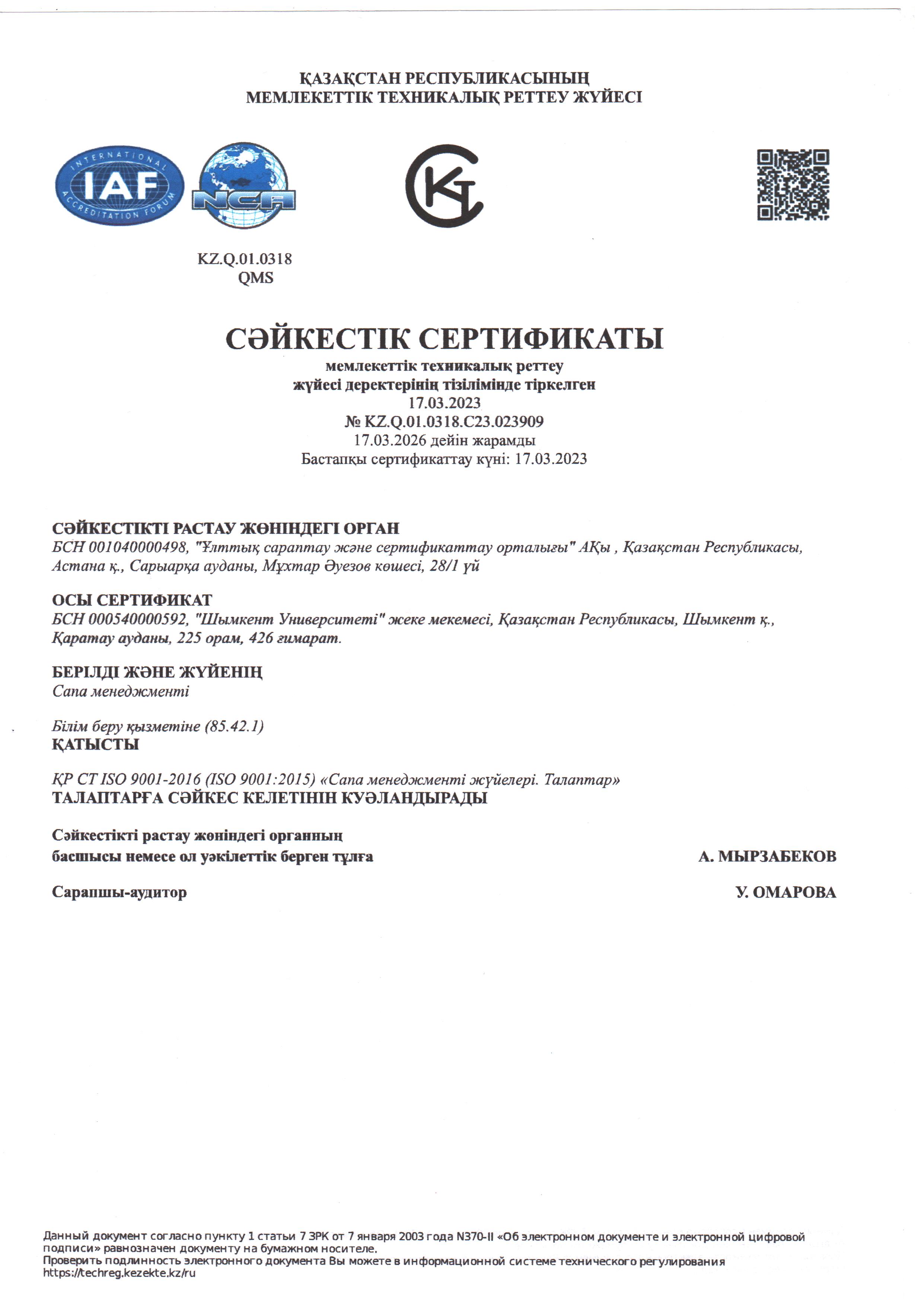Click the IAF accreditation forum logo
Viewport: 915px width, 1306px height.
[119, 185]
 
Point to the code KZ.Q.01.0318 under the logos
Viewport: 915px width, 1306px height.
[245, 259]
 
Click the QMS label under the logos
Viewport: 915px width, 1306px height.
[255, 278]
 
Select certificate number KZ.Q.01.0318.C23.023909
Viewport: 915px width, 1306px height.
[453, 421]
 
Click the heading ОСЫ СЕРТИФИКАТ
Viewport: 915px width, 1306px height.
[132, 600]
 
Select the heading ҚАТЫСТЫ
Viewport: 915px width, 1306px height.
[96, 745]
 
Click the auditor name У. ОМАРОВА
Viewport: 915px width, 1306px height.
[786, 892]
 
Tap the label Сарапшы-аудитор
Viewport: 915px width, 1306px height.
[119, 892]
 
